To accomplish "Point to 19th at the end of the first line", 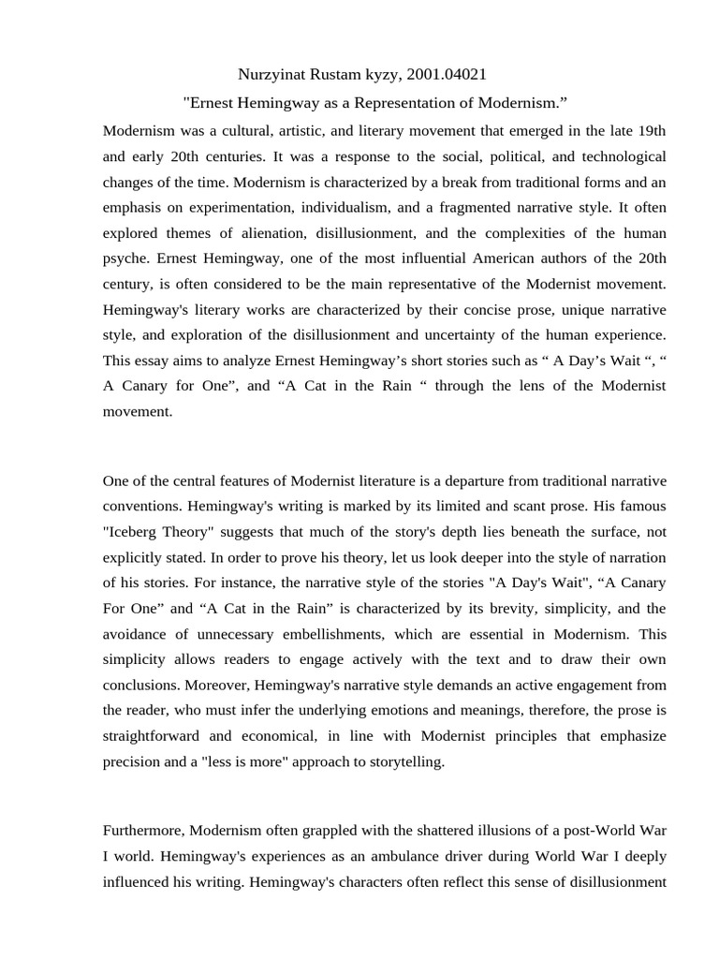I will (x=650, y=129).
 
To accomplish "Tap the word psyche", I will (x=124, y=258).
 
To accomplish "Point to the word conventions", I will (x=141, y=507).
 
